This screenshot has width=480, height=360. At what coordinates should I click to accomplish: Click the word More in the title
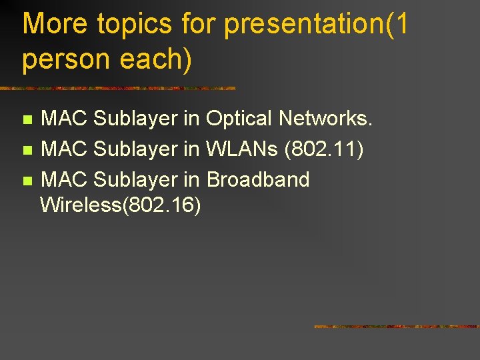[55, 25]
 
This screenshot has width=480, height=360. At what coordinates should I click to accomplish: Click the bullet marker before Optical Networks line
[27, 120]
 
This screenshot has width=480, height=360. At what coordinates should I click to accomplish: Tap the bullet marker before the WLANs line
[27, 150]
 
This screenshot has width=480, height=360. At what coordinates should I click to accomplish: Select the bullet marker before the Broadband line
[27, 181]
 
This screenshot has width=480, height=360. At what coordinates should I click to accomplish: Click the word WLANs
[242, 149]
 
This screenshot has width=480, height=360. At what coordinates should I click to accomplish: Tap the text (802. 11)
[324, 149]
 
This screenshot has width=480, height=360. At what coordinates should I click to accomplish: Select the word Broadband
[258, 179]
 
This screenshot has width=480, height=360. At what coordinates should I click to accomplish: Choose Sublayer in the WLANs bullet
[136, 149]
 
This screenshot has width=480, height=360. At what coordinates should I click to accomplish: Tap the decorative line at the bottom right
[397, 327]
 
